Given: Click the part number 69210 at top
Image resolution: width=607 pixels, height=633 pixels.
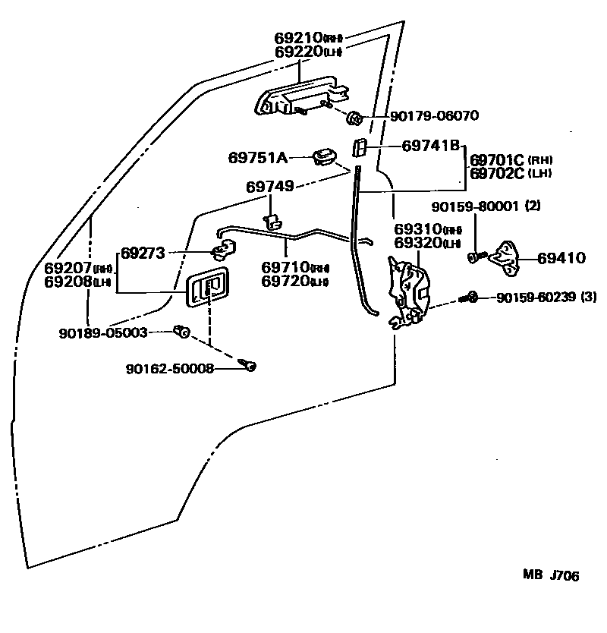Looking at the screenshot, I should tap(298, 37).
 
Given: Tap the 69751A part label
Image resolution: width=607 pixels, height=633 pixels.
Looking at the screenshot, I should tap(258, 158).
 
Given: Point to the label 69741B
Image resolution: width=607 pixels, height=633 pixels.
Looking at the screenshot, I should tap(431, 144).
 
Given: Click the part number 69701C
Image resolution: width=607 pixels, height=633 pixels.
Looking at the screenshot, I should tap(498, 160).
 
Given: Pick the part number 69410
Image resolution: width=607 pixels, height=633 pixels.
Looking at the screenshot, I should tap(561, 258).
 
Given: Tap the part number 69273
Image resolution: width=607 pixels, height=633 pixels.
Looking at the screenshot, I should tap(143, 253).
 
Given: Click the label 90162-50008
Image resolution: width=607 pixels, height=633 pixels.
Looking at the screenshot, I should tap(170, 369).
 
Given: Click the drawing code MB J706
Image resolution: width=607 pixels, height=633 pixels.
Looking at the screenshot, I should tap(551, 576).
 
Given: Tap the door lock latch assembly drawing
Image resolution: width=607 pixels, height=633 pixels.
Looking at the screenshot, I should tap(410, 292).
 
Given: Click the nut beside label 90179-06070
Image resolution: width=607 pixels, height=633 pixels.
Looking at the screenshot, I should tap(354, 118).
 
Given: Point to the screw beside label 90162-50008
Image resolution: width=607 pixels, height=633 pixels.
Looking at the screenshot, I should tap(248, 366).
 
